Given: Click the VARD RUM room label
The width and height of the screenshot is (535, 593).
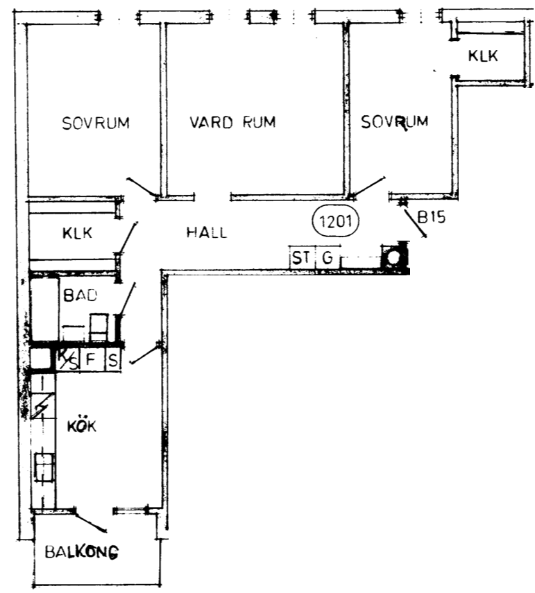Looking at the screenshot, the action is click(x=232, y=122).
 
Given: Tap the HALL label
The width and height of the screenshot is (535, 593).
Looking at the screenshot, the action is click(x=207, y=232).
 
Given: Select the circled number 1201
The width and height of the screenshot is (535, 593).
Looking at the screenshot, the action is click(x=336, y=221).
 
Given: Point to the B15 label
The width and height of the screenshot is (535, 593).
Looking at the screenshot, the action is click(x=432, y=217).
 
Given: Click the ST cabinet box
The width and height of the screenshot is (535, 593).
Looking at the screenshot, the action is click(x=302, y=257).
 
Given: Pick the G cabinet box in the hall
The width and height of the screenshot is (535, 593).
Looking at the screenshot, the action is click(x=328, y=257).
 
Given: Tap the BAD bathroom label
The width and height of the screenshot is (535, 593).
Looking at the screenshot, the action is click(x=80, y=295).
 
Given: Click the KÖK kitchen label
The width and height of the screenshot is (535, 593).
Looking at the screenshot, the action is click(x=82, y=426).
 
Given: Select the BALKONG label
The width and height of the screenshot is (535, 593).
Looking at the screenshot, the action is click(x=82, y=552).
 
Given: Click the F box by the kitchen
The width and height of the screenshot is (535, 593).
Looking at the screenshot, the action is click(x=90, y=359).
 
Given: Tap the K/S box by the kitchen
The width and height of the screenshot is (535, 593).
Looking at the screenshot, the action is click(x=68, y=359).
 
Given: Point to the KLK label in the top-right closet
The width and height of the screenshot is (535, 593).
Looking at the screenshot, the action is click(x=483, y=56).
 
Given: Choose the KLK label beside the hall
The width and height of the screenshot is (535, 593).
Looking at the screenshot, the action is click(x=77, y=233).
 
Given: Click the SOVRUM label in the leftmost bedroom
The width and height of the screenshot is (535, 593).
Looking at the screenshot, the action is click(x=96, y=123).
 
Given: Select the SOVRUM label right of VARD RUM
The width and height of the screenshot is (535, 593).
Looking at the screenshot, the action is click(x=394, y=122).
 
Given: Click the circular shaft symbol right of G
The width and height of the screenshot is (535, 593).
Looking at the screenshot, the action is click(x=394, y=257).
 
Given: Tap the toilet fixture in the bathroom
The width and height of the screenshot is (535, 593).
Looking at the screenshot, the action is click(x=99, y=327).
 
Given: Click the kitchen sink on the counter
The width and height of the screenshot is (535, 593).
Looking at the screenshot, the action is click(x=44, y=467).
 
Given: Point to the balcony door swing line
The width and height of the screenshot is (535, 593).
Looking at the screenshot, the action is click(x=90, y=522).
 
